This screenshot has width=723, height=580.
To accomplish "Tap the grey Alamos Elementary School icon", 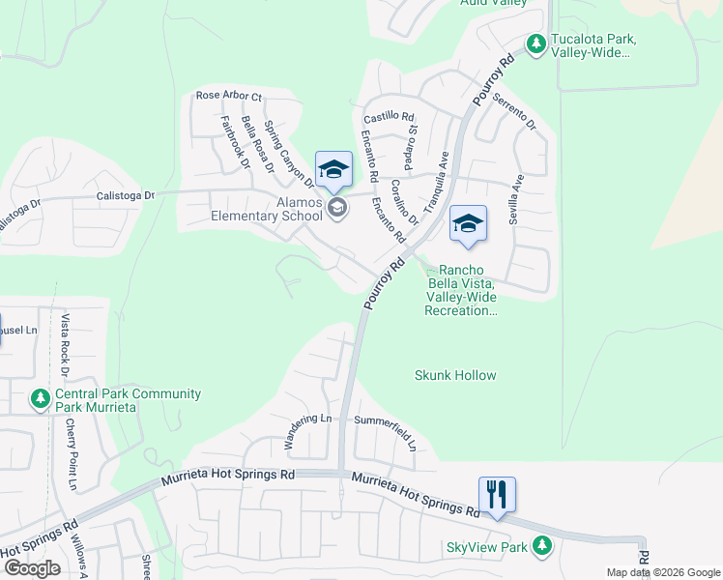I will point(337,208).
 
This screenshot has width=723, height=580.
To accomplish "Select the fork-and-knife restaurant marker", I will point(497,494).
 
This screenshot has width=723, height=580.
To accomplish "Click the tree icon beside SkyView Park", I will point(541,546).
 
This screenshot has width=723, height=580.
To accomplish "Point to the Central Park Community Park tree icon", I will point(40,398).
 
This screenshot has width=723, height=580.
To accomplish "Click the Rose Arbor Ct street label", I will point(229,97).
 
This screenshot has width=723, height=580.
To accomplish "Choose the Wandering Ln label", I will point(308,420).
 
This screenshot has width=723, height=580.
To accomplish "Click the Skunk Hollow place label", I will point(455,375).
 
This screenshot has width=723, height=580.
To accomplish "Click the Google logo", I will point(32,568).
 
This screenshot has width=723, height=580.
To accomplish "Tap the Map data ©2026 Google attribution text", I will point(662,572).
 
